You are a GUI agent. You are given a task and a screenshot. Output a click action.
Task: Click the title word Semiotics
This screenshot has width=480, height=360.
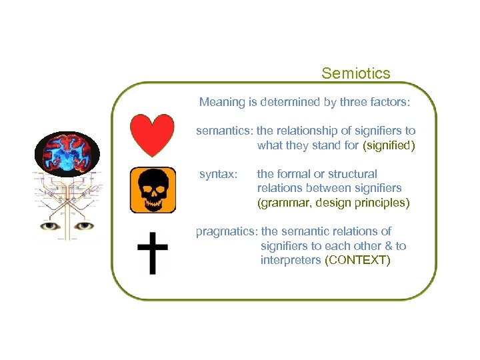[x=355, y=73]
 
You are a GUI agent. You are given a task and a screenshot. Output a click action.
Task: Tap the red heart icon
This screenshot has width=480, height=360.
[x=152, y=135]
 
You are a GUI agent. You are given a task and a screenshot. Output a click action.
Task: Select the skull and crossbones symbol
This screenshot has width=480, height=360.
[x=153, y=190]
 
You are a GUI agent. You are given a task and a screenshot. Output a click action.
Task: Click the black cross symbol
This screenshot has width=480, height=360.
[x=153, y=253]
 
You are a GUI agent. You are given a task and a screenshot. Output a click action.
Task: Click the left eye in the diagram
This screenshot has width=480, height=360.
[x=51, y=226]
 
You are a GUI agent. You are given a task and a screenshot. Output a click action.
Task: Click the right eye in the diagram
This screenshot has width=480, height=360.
[x=84, y=226]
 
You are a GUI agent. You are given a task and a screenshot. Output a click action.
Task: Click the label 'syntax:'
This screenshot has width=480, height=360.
[x=218, y=175]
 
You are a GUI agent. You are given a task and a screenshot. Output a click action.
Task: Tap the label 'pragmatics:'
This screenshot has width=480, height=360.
[x=227, y=232]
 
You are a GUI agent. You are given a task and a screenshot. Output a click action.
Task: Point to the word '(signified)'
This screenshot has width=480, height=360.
[x=389, y=146]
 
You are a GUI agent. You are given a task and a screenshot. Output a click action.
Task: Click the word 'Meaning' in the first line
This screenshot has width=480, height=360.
[x=223, y=103]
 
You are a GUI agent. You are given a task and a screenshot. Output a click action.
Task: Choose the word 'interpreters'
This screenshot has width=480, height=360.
[x=291, y=261]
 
